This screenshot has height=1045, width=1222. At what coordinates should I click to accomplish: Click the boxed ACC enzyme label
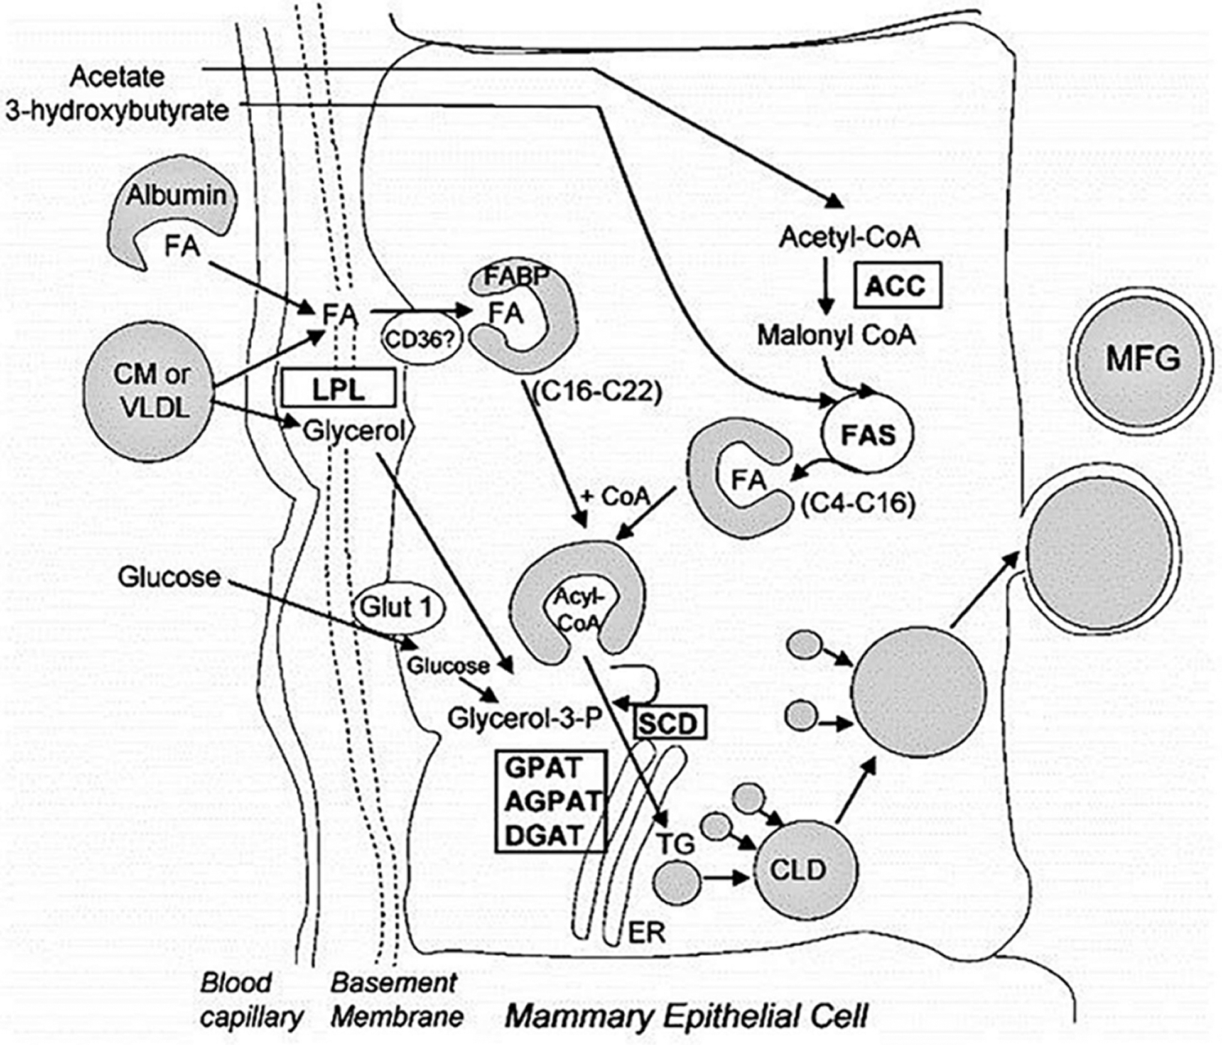pos(896,285)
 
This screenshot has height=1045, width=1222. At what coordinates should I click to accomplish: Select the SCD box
pos(668,723)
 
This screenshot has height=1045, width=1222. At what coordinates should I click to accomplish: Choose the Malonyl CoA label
pos(835,334)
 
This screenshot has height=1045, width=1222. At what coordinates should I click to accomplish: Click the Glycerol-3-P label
pos(523,717)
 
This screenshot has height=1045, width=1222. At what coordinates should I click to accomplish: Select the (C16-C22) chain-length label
pos(594,392)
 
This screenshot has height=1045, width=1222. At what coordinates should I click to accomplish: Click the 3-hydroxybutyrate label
pos(116,110)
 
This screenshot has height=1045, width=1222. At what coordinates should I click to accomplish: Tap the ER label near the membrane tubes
pos(645,932)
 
